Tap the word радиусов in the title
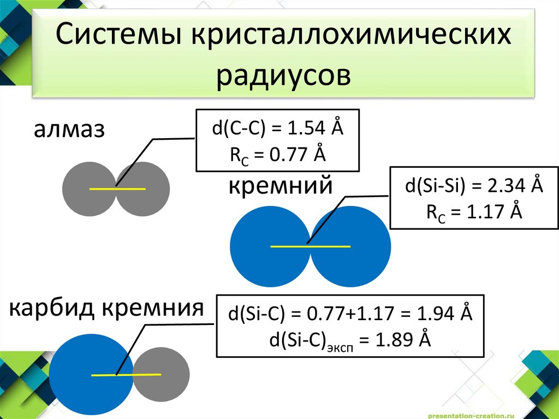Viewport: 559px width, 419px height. tap(284, 76)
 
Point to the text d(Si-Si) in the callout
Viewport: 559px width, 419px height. tap(434, 185)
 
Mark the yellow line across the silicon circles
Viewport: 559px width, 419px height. tap(310, 247)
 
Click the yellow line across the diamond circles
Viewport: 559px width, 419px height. tap(117, 189)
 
